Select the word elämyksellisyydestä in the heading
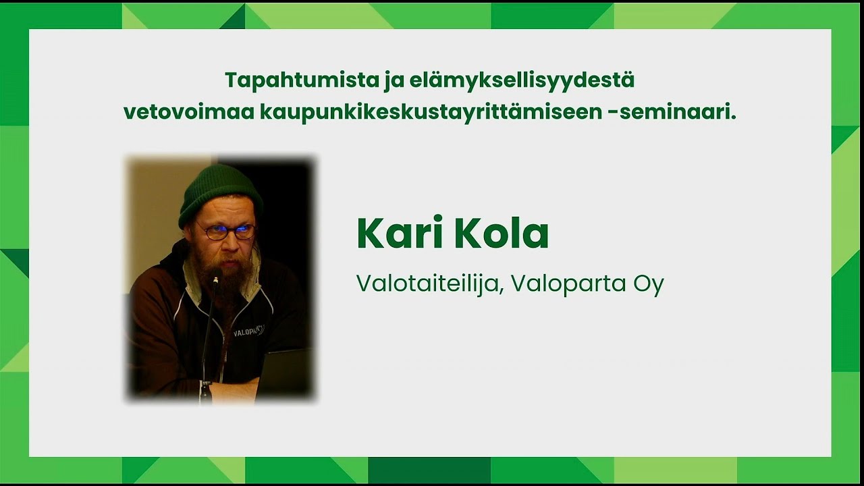click(x=522, y=80)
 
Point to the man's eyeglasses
click(x=226, y=232)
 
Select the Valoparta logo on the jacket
click(x=248, y=332)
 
